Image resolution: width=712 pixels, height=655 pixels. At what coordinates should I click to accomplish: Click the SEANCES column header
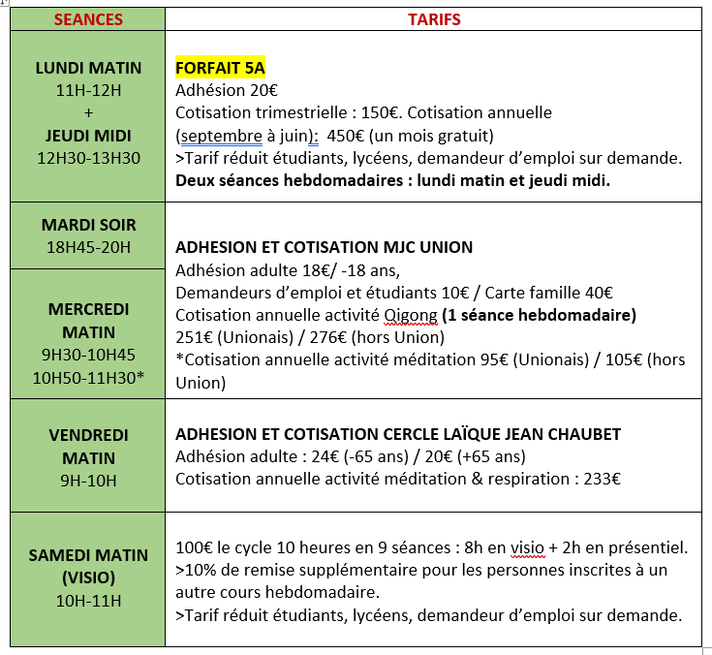tap(88, 19)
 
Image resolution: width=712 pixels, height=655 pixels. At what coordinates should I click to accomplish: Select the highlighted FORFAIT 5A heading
tap(220, 68)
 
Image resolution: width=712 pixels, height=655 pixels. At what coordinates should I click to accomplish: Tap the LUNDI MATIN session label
tap(88, 68)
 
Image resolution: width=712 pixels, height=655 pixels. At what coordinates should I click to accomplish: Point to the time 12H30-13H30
tap(88, 158)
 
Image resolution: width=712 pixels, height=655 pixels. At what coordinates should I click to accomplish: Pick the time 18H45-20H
tap(88, 247)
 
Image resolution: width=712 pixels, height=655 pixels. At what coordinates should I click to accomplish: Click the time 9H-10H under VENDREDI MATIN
tap(88, 480)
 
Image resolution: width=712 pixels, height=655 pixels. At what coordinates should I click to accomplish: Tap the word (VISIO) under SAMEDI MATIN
tap(88, 578)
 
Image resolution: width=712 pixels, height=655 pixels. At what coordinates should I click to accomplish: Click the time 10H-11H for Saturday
tap(88, 601)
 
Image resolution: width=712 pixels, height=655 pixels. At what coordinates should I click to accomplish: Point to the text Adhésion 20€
tap(227, 90)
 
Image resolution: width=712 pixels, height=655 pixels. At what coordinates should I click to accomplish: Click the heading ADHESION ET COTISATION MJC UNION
tap(324, 247)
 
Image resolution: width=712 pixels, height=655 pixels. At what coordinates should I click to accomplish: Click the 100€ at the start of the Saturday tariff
tap(193, 547)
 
